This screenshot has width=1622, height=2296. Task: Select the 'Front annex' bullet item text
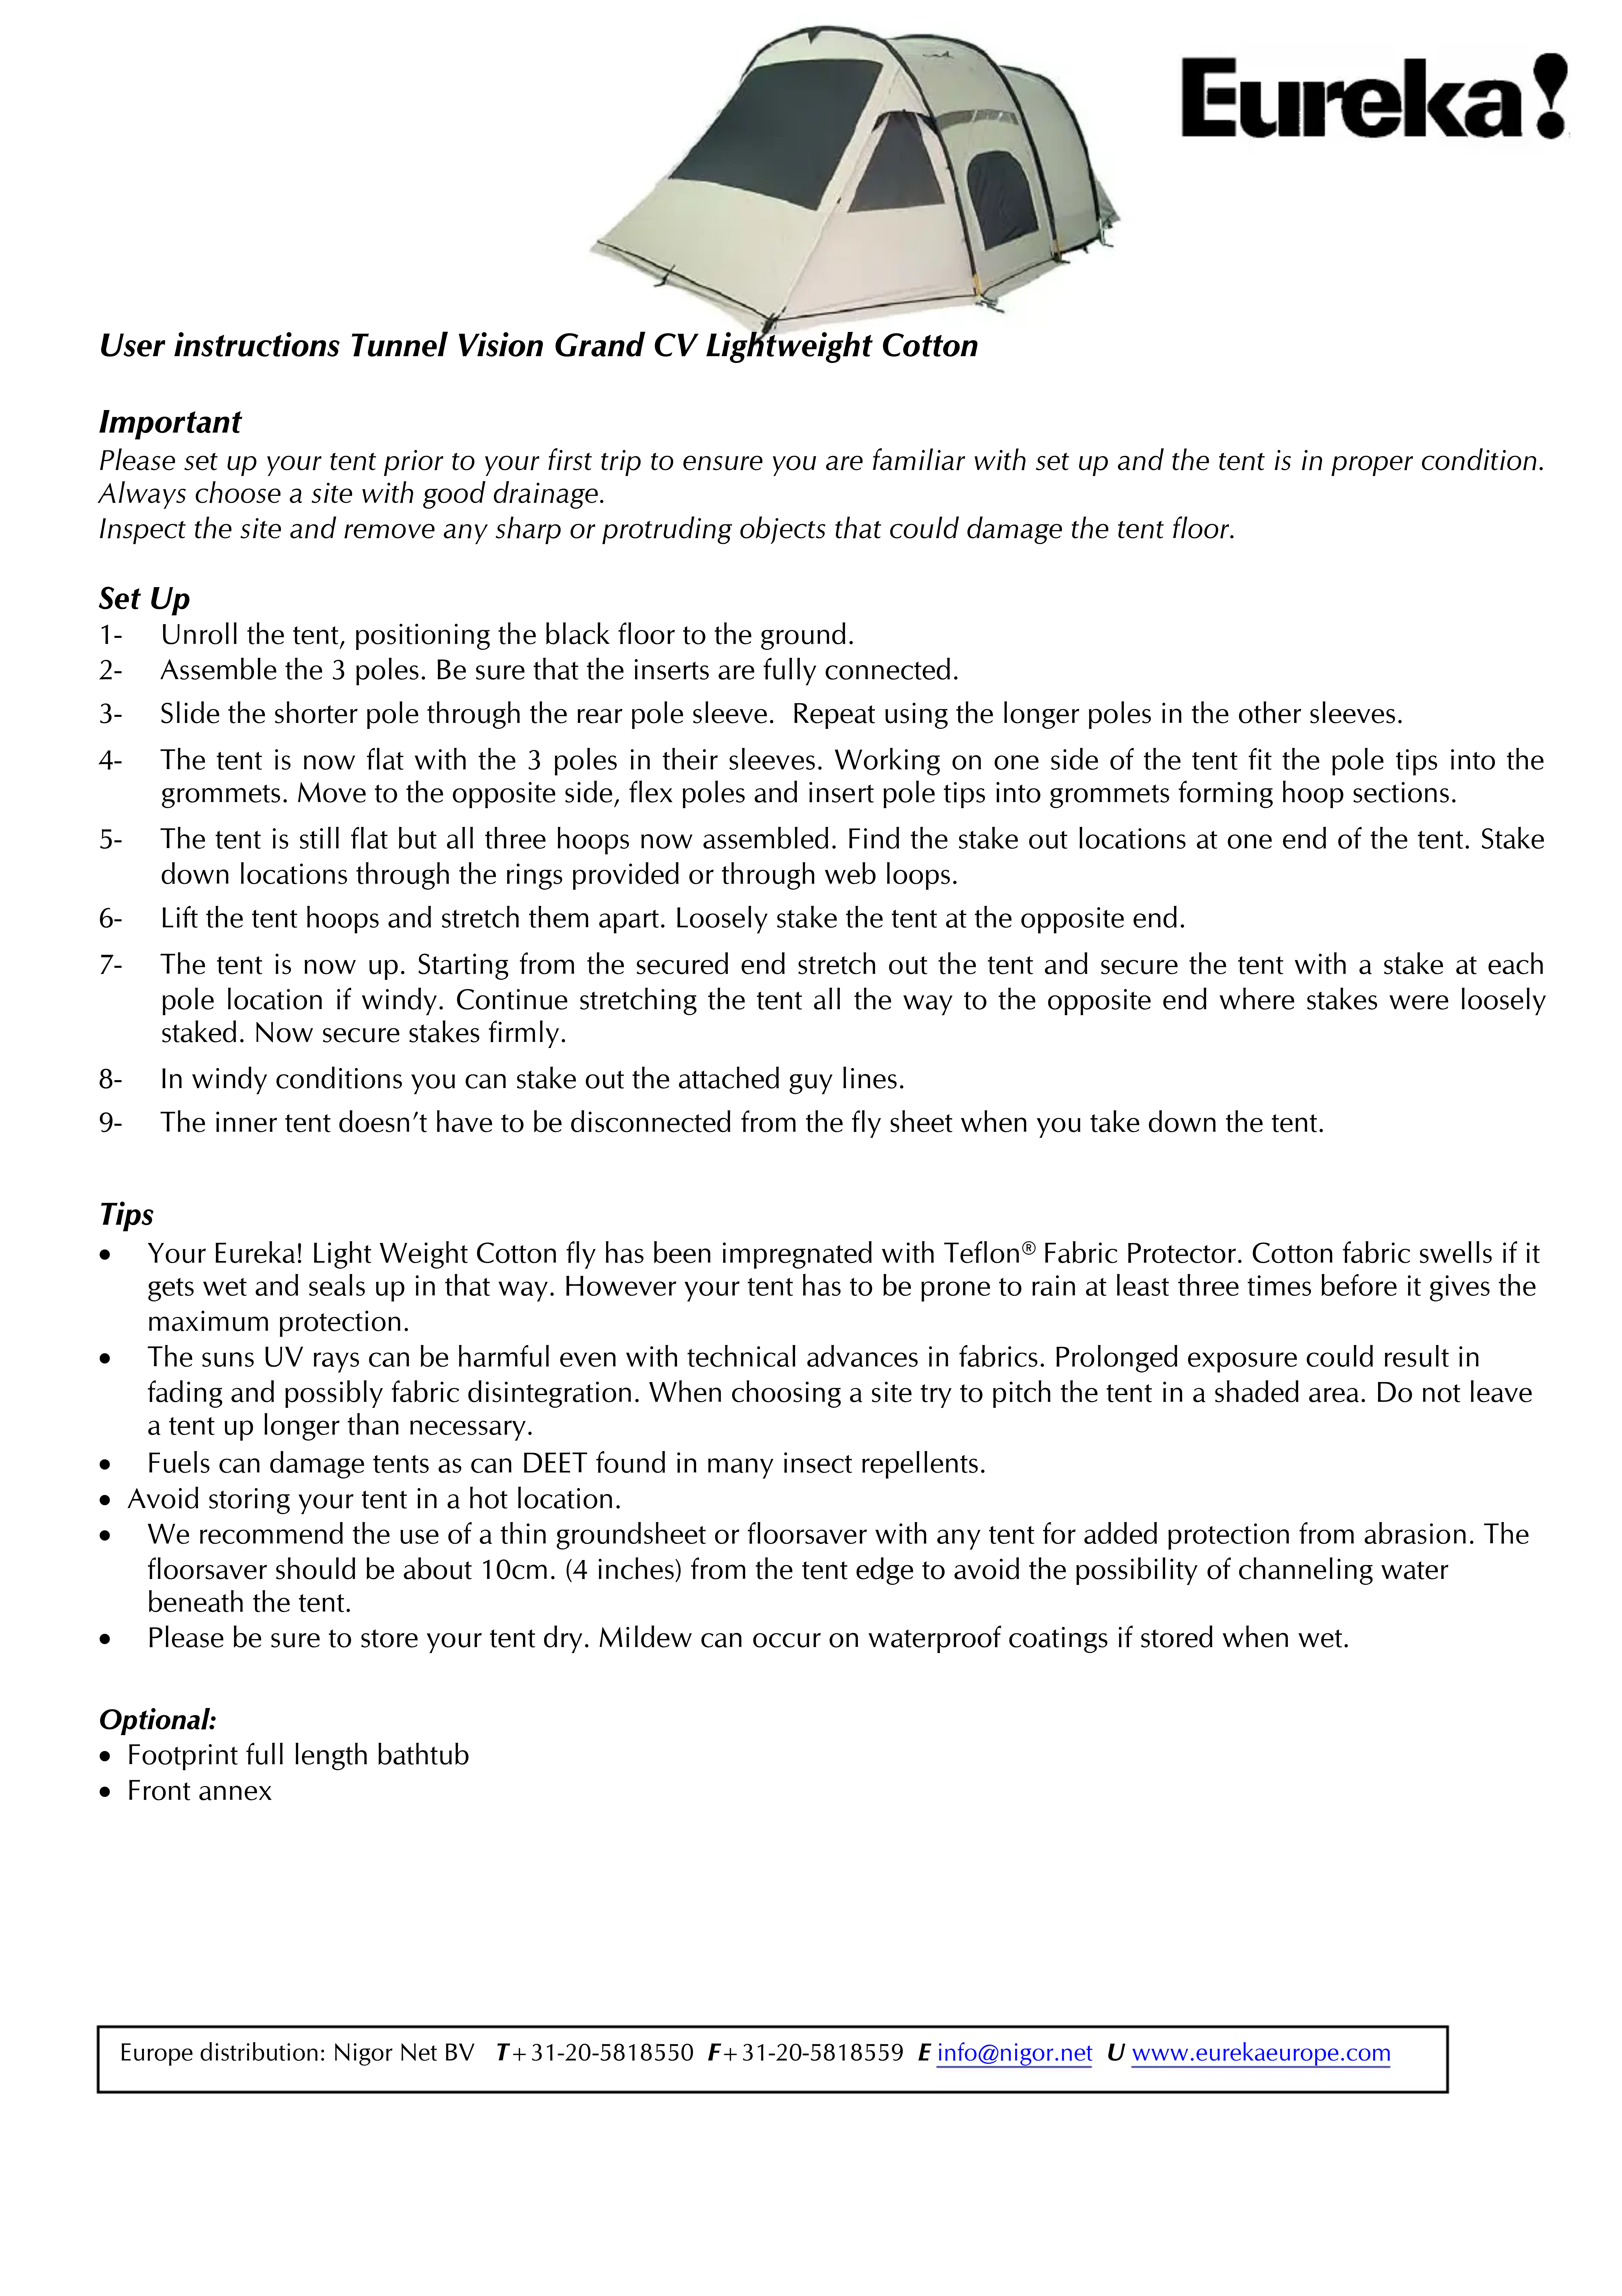click(x=199, y=1791)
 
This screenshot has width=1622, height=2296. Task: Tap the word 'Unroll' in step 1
click(x=199, y=635)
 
